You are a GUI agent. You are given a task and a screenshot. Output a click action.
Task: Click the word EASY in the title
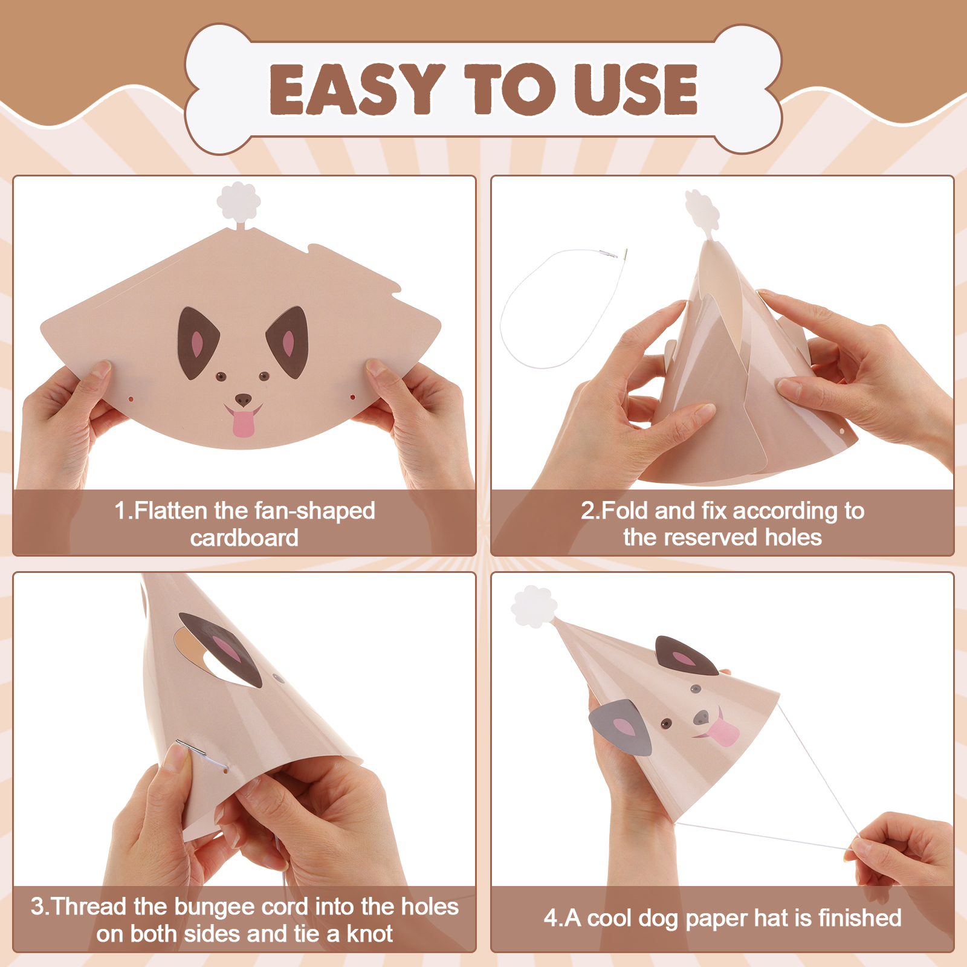point(357,89)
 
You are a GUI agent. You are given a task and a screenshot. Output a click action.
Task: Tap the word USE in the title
point(636,89)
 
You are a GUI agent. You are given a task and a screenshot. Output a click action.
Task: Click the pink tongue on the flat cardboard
point(244,423)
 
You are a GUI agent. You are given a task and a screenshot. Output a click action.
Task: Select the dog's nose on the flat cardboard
point(243,399)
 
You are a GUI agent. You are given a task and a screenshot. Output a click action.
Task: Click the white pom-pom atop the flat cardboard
point(239,201)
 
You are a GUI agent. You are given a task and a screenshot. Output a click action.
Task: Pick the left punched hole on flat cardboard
point(131,399)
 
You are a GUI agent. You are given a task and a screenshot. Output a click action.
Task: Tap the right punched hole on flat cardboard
point(354,397)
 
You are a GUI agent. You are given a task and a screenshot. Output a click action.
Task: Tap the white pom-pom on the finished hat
point(533,606)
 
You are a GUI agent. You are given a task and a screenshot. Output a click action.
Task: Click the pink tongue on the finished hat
point(722,732)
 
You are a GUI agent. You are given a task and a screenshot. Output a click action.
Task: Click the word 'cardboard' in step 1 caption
point(244,537)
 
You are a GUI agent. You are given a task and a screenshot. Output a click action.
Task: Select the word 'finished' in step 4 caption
point(859,917)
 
